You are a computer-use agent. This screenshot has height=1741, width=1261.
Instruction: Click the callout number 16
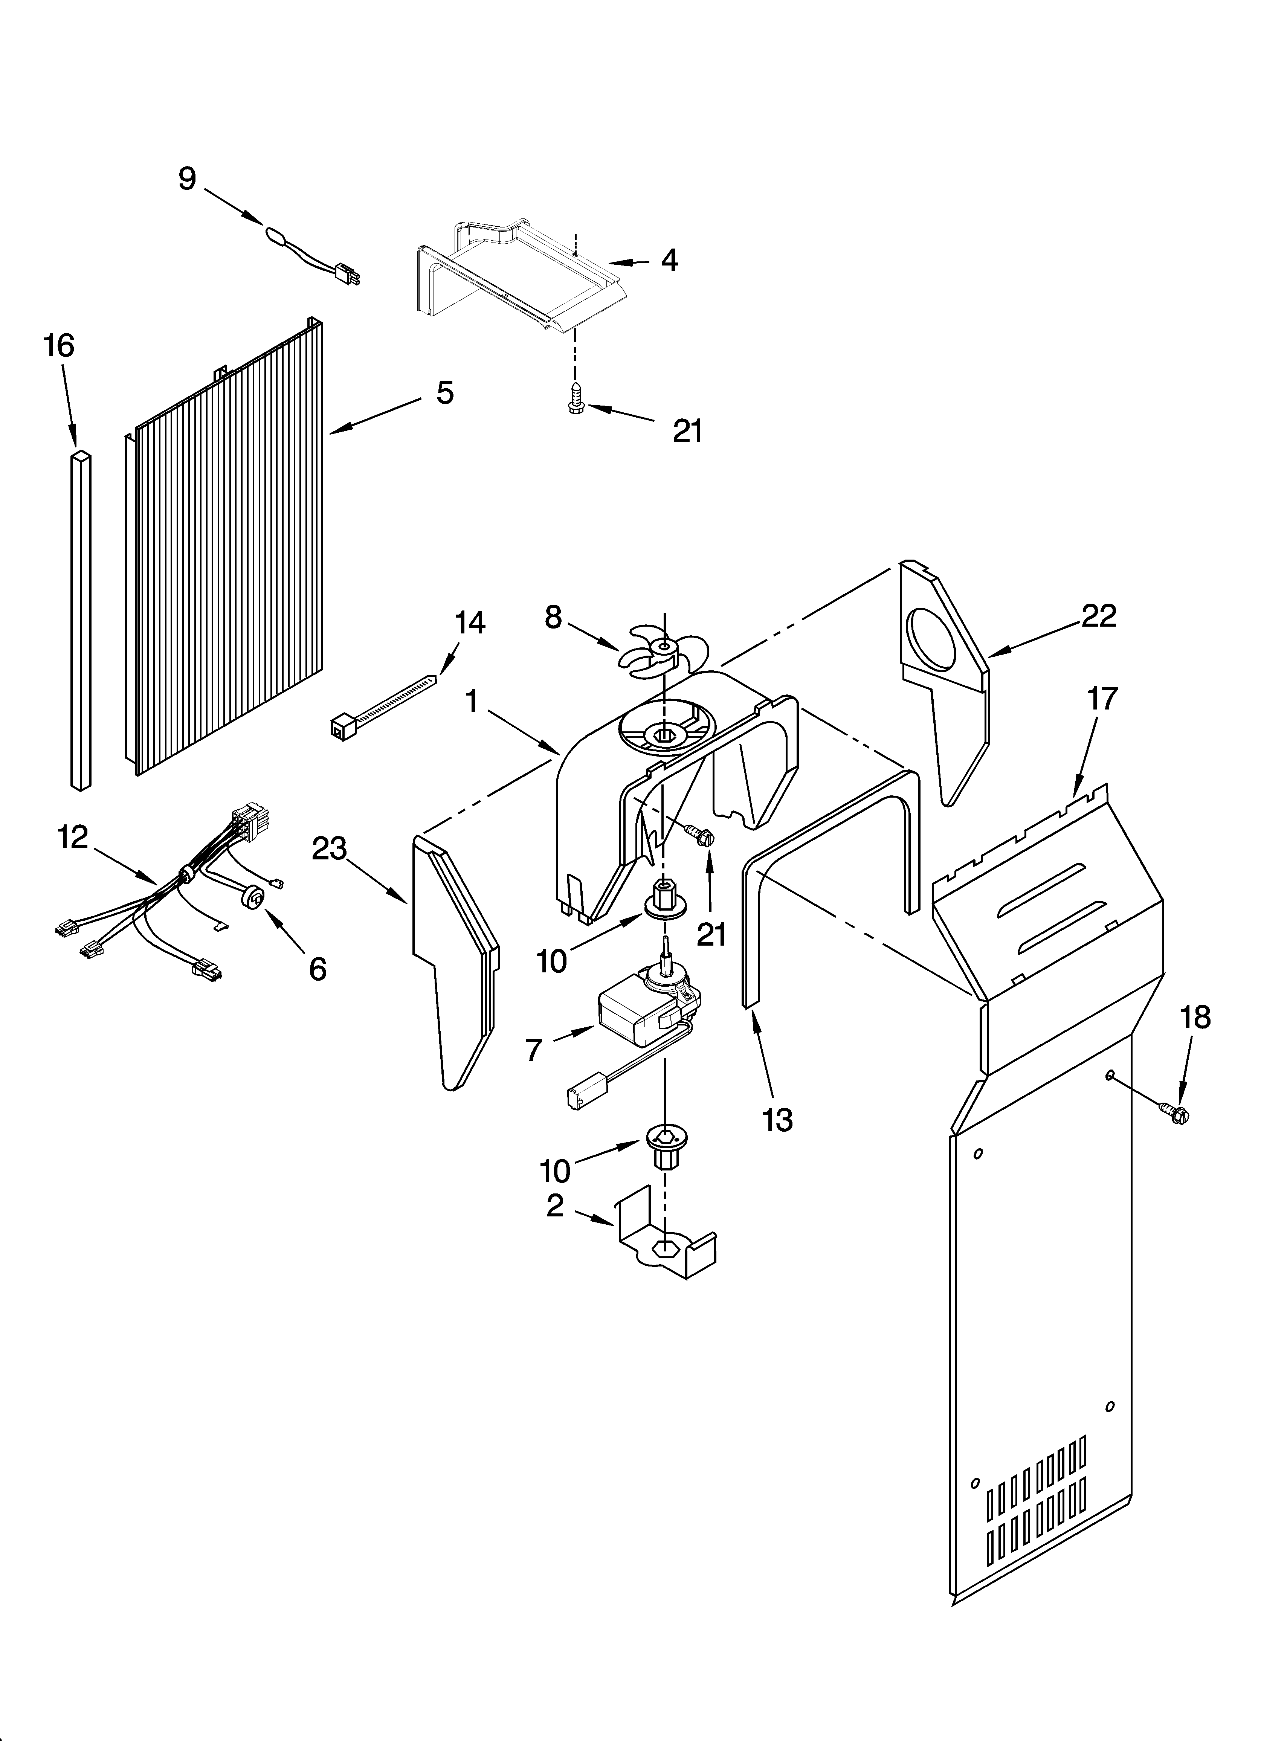point(59,346)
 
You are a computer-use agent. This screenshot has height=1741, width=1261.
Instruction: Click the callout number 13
point(778,1120)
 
